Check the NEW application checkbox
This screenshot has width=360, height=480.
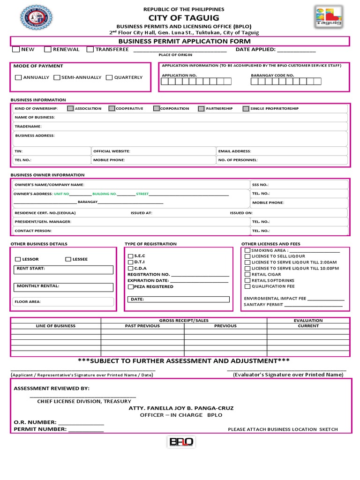click(16, 49)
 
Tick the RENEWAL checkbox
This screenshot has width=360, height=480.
click(48, 49)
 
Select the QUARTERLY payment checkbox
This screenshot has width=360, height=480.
click(109, 77)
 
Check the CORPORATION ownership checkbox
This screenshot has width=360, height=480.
click(156, 108)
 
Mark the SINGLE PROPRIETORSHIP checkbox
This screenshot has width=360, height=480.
click(246, 108)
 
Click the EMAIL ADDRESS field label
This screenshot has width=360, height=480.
click(234, 151)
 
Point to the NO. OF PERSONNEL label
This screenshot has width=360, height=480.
click(238, 160)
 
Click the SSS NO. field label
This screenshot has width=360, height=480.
click(260, 185)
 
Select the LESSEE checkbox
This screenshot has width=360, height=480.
click(68, 259)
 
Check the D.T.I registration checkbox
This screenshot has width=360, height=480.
click(131, 262)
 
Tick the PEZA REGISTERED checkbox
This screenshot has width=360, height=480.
click(131, 286)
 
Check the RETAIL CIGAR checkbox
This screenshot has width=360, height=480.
click(247, 274)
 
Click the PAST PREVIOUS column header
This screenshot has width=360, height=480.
click(142, 326)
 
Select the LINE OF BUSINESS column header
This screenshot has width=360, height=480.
click(56, 326)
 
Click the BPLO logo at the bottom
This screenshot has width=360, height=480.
click(181, 442)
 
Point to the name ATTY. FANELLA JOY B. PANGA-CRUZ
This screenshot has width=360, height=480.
click(181, 408)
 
